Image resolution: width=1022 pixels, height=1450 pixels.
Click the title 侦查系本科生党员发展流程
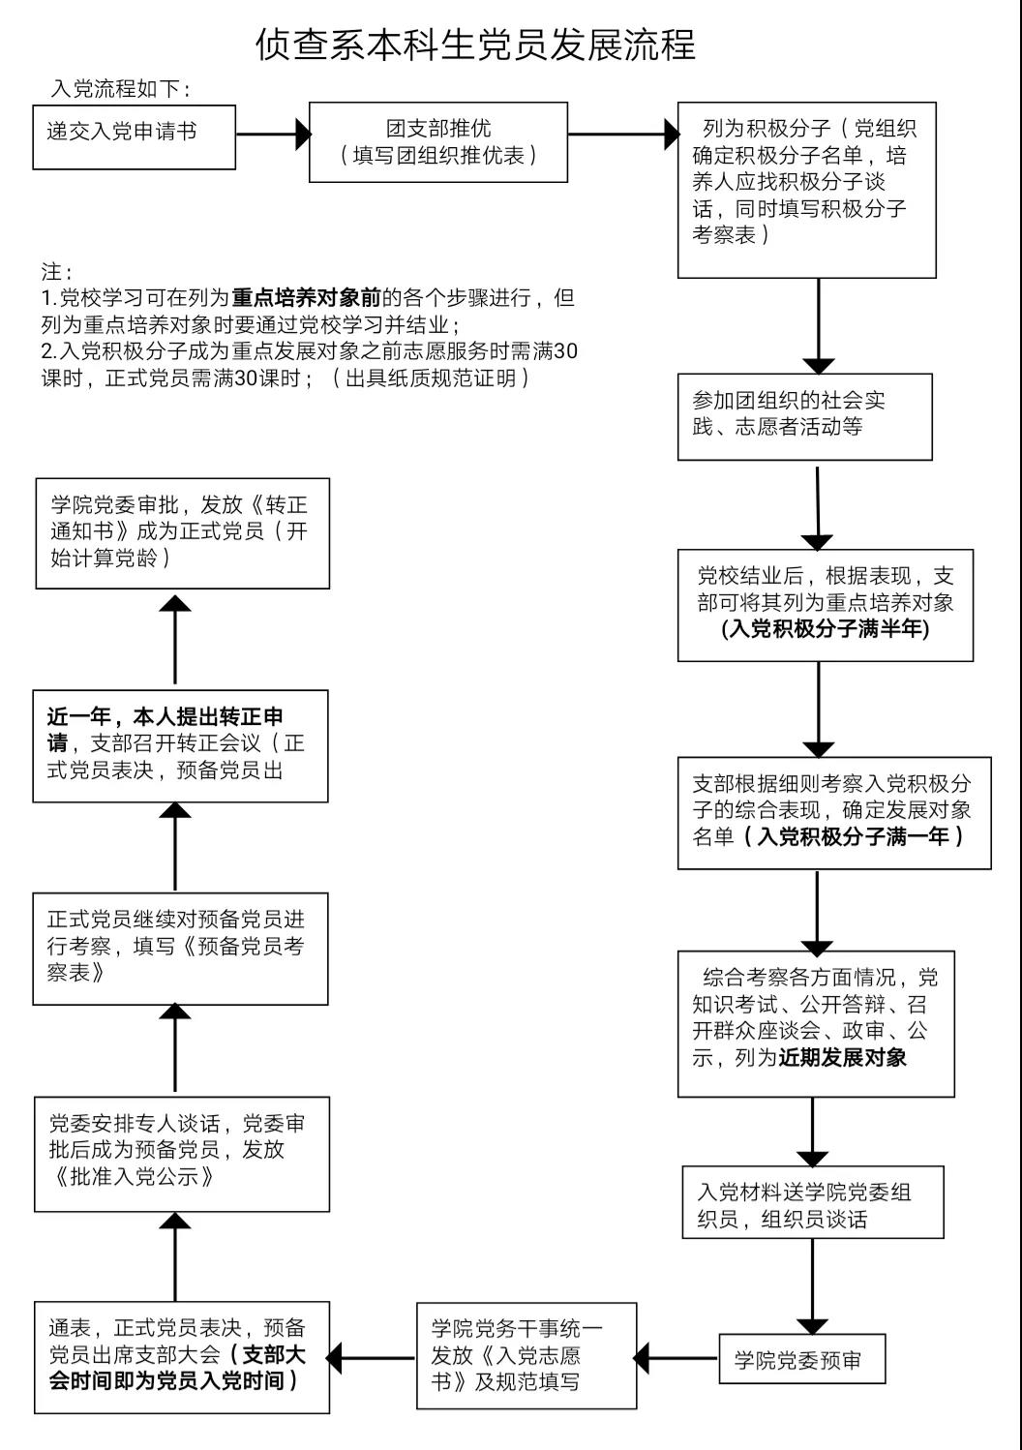[x=475, y=44]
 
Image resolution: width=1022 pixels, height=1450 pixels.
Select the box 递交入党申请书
[x=134, y=136]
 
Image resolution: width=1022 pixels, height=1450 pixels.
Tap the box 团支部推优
[x=437, y=142]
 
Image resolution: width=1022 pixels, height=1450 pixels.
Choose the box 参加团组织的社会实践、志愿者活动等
[x=804, y=416]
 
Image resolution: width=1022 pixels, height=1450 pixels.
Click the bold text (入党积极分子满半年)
[x=825, y=629]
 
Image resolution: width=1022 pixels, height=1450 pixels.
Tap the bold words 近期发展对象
[x=842, y=1057]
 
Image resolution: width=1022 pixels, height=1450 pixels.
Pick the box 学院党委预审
[x=801, y=1360]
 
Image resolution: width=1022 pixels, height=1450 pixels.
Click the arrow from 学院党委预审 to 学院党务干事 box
[x=677, y=1357]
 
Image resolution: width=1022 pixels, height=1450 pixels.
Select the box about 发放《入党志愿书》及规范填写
[x=527, y=1355]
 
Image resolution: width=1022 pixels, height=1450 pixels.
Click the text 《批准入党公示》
[x=135, y=1177]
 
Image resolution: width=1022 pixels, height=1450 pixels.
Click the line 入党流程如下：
[x=120, y=88]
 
